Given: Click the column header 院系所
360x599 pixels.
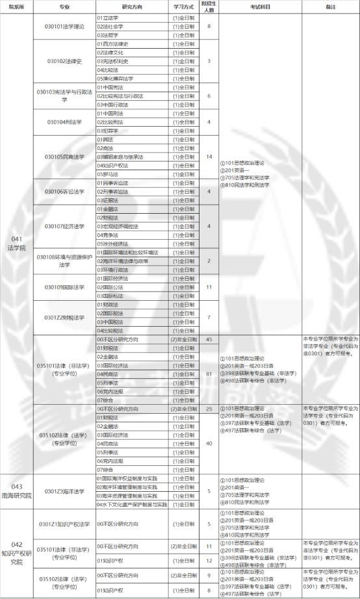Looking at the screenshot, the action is tap(17, 7).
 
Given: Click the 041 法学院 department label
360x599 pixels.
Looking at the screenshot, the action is tap(17, 244).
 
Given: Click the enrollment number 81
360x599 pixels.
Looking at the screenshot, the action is tap(209, 374).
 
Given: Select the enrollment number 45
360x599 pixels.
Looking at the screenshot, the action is tap(209, 339).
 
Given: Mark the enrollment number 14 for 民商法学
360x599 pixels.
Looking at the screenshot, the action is tap(209, 157).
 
